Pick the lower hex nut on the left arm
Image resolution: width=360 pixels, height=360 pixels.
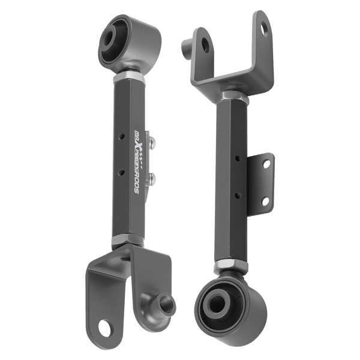(127, 241)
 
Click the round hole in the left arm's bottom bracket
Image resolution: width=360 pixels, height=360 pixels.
(106, 328)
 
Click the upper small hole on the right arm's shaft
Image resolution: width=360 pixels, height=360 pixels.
(238, 160)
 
